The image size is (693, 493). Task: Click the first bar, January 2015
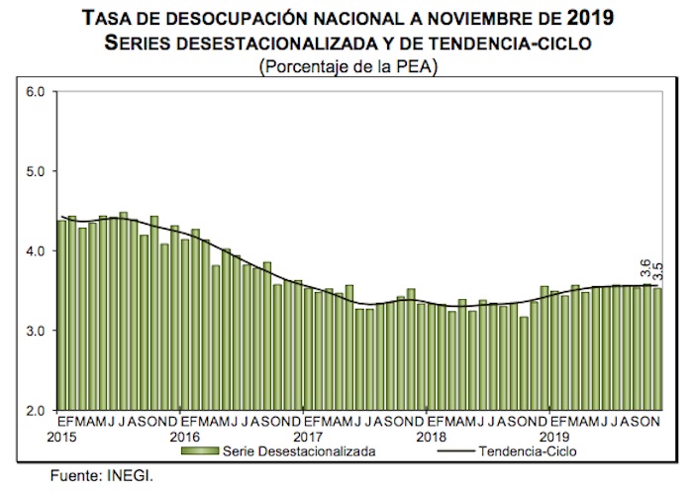(x=61, y=315)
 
